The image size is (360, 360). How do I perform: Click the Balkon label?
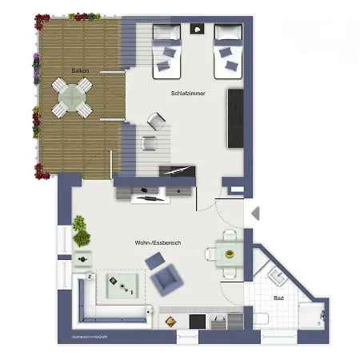pyautogui.click(x=80, y=71)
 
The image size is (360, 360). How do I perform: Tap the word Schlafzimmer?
pyautogui.click(x=188, y=94)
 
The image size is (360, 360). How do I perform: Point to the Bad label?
pyautogui.click(x=278, y=298)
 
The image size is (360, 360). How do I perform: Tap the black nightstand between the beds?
pyautogui.click(x=198, y=30)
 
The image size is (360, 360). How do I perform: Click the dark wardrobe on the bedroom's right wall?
pyautogui.click(x=235, y=118)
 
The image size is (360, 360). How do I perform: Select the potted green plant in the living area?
pyautogui.click(x=80, y=230)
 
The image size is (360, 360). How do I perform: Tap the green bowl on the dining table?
pyautogui.click(x=230, y=254)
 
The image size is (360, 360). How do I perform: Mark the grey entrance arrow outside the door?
pyautogui.click(x=255, y=214)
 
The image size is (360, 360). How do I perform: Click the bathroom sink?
pyautogui.click(x=278, y=277)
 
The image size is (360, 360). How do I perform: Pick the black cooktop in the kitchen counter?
pyautogui.click(x=197, y=321)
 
